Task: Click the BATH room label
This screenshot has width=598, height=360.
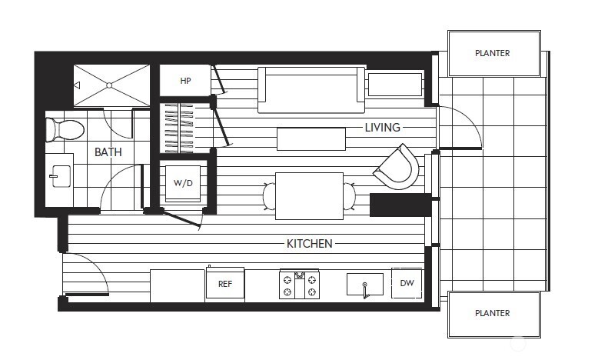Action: coord(108,152)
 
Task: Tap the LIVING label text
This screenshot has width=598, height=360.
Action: coord(382,127)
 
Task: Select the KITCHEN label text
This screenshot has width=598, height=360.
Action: coord(309,243)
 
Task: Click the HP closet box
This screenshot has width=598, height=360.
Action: coord(184,81)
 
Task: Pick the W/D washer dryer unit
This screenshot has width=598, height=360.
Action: coord(183,183)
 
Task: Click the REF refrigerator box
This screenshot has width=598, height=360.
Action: coord(224,284)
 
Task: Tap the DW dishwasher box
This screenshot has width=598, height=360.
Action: coord(407,283)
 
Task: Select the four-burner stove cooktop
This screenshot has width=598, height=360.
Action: coord(299,285)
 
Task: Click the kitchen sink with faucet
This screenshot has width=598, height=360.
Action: coord(364,285)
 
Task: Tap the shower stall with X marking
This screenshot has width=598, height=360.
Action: coord(111,85)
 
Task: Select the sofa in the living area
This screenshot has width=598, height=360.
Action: coord(311,89)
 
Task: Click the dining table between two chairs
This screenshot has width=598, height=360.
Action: coord(309,195)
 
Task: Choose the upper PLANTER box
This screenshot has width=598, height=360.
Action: coord(492,53)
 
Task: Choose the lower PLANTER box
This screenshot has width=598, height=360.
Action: coord(492,313)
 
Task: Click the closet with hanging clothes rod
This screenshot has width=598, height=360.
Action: coord(185,127)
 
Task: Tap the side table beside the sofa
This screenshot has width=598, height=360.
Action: coord(394,84)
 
